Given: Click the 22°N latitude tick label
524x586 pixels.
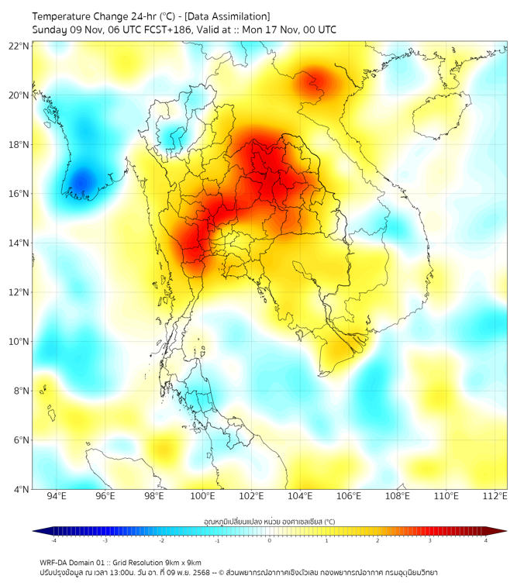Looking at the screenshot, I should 19,46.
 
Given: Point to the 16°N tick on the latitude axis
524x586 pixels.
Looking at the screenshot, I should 19,194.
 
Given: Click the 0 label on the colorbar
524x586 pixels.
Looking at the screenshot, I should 270,541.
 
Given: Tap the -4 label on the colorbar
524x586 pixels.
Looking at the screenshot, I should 53,541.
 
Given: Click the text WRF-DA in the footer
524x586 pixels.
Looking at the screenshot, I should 55,563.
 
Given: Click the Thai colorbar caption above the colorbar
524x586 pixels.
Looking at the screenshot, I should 270,521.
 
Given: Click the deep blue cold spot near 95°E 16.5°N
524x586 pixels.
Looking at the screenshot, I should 80,184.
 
